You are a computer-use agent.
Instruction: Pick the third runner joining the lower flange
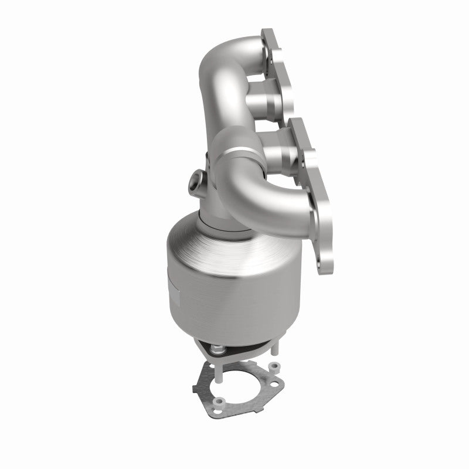pos(287,155)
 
